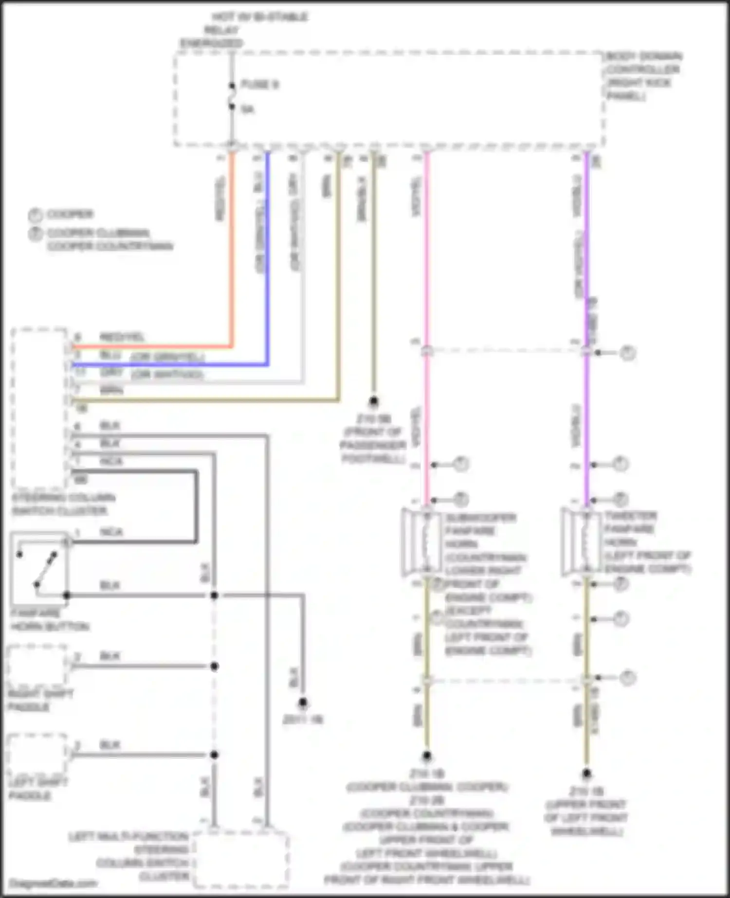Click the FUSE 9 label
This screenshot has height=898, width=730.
pos(260,85)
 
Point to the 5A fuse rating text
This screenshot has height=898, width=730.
pos(248,109)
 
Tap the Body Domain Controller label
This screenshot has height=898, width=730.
pos(643,76)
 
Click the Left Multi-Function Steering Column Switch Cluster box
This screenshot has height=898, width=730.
pos(240,859)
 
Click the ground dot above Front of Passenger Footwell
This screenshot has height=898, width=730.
pos(373,401)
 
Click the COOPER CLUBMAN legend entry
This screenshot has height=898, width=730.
pos(97,233)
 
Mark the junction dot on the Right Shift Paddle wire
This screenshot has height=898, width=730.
pos(214,666)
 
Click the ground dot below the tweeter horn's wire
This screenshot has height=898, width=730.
pos(586,773)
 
